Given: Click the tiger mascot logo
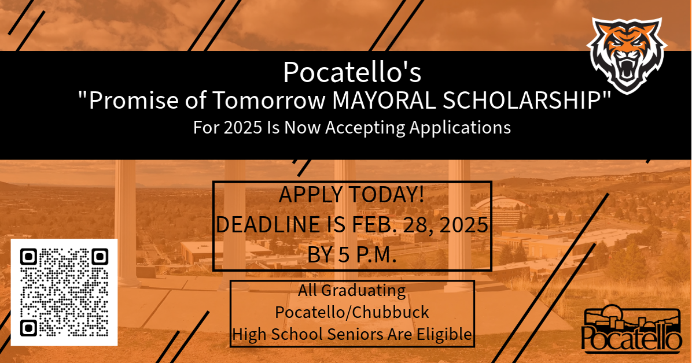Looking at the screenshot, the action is [x=627, y=55].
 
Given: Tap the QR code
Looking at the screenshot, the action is [x=64, y=292].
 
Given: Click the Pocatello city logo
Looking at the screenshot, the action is [x=631, y=330].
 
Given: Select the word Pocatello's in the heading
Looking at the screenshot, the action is [x=352, y=72].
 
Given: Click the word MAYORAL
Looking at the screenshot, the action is [x=384, y=101].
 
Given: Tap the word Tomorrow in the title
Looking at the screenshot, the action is [x=269, y=101].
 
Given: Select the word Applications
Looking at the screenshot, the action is [x=461, y=128].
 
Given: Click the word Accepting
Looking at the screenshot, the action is [x=366, y=128].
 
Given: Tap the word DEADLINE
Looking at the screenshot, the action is [x=268, y=224].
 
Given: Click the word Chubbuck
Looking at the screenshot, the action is [x=391, y=312].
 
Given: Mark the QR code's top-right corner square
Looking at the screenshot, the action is [x=100, y=257].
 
